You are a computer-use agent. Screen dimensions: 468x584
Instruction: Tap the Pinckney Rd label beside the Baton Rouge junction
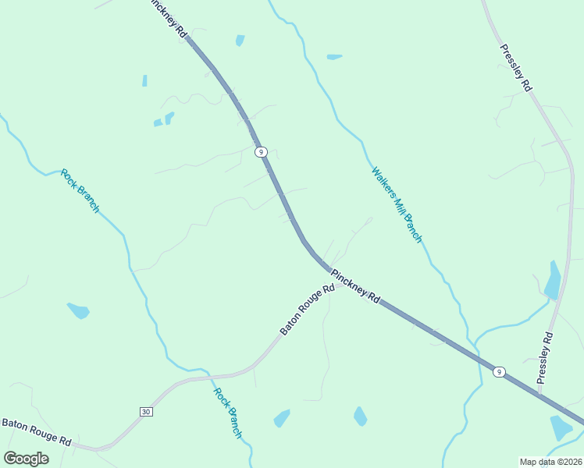(x=355, y=286)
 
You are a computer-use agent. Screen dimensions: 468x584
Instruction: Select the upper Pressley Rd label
(x=516, y=68)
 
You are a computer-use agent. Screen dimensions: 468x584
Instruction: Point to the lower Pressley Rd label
(x=545, y=356)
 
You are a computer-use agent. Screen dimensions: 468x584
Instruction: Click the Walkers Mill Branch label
(x=397, y=204)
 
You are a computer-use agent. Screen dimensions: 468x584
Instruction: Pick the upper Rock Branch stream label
(x=80, y=190)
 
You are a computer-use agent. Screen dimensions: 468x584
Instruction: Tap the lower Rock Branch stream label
(x=228, y=413)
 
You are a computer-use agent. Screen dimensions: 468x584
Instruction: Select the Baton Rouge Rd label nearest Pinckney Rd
(x=307, y=310)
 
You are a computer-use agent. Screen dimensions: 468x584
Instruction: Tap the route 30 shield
(x=145, y=411)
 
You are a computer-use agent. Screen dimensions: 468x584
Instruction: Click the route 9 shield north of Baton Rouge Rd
(x=261, y=151)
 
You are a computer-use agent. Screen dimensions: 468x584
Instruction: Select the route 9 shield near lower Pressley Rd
(x=498, y=372)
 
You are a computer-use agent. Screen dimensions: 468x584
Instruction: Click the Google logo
(x=26, y=458)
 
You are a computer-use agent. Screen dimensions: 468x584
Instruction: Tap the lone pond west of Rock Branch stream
(x=79, y=310)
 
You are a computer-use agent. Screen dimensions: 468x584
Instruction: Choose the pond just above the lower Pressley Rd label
(x=552, y=281)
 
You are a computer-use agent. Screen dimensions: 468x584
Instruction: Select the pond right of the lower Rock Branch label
(x=282, y=418)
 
